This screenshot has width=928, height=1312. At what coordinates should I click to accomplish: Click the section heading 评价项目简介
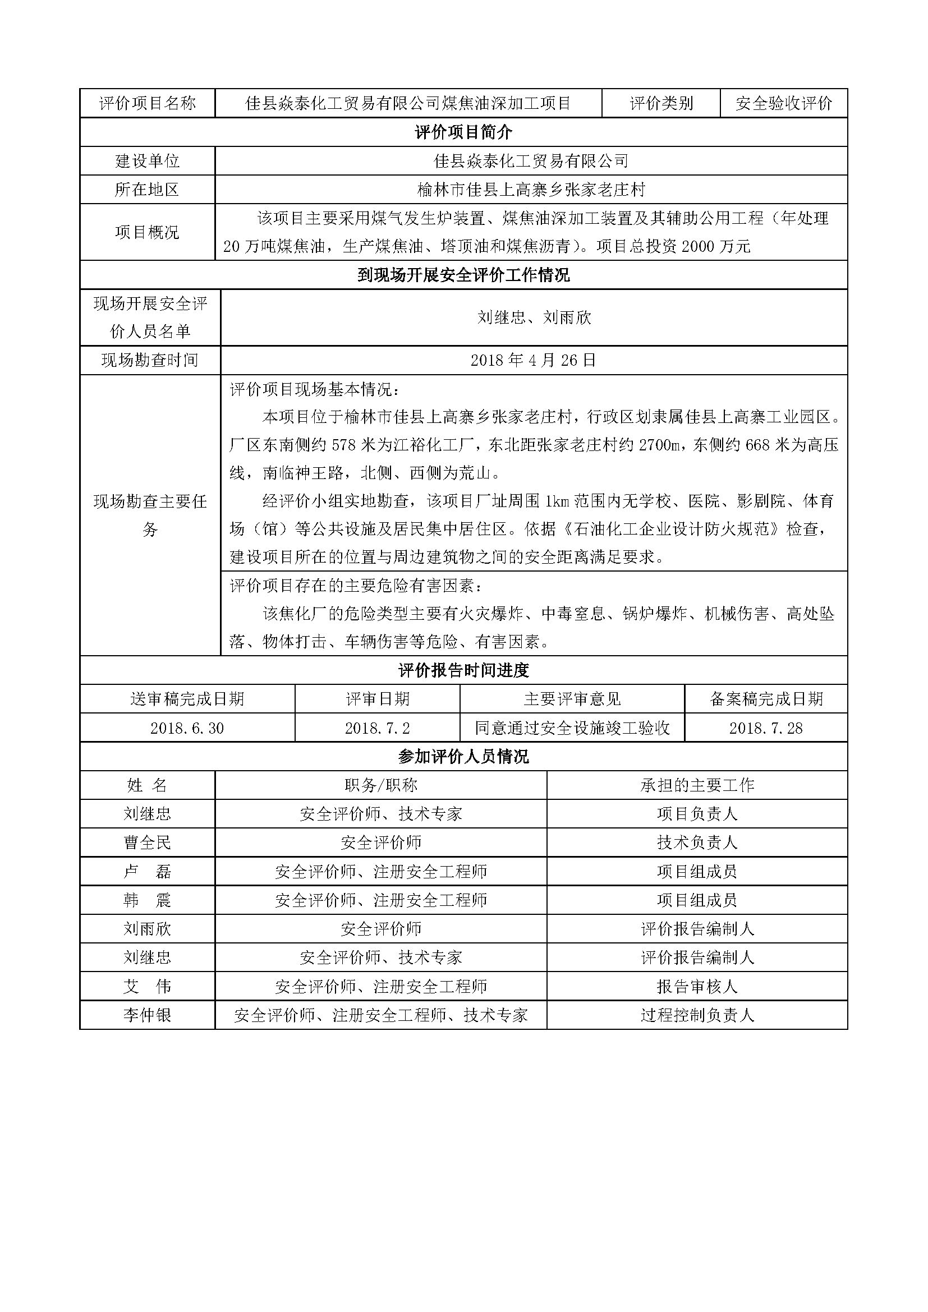463,132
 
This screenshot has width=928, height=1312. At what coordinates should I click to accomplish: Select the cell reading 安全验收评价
783,103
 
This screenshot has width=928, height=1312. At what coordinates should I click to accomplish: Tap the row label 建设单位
148,161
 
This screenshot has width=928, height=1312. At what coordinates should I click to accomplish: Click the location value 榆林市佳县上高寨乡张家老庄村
531,190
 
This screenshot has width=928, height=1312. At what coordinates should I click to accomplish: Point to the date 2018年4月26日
533,360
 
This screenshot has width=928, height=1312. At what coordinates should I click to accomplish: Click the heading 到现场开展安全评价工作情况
463,275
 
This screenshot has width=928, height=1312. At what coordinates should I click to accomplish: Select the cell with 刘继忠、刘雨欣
534,317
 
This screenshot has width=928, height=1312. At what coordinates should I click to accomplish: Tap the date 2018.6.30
187,728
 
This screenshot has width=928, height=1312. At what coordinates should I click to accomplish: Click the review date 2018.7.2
377,728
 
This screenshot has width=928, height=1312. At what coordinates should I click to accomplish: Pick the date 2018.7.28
766,728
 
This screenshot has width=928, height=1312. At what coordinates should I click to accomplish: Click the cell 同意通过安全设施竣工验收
572,728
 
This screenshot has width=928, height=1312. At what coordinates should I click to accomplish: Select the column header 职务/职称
380,785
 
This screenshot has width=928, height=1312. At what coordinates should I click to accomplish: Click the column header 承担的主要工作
697,785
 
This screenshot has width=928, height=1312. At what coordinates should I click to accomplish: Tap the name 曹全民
148,843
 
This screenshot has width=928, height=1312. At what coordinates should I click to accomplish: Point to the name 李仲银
148,1015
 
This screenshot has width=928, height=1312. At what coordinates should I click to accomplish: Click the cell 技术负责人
697,843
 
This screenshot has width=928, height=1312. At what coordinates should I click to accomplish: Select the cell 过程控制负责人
697,1015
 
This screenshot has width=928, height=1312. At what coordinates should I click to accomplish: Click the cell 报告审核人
697,987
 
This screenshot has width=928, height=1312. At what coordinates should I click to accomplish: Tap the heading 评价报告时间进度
463,670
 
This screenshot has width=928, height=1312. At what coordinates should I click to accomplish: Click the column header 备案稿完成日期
766,699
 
